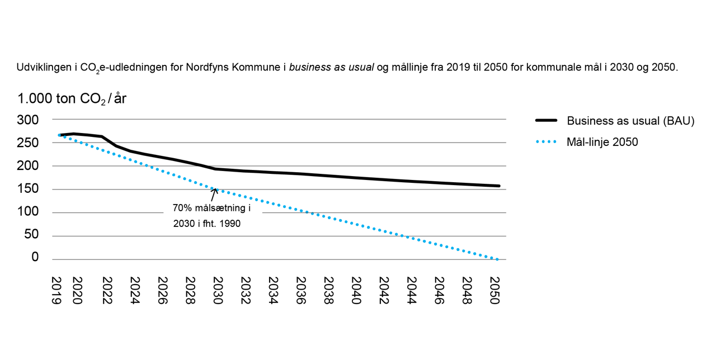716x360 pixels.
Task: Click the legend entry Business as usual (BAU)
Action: (x=630, y=121)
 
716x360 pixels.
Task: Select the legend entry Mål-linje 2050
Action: (x=602, y=142)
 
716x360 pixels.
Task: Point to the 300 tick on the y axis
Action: (x=28, y=120)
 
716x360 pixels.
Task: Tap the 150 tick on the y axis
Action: (x=28, y=189)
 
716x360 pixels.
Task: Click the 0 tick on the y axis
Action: (x=35, y=258)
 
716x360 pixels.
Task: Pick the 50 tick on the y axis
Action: (x=31, y=235)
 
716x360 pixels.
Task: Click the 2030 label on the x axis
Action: (x=216, y=290)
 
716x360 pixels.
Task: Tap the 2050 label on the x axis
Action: (x=495, y=290)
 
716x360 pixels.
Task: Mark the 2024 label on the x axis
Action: (x=133, y=290)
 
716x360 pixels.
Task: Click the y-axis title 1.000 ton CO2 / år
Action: (x=72, y=99)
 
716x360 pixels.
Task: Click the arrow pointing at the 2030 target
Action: (x=214, y=195)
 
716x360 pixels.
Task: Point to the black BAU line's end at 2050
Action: (x=498, y=186)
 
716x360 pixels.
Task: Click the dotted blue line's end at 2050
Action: (x=497, y=259)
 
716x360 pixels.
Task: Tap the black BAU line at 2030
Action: (x=216, y=169)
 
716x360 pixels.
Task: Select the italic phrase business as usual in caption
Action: (x=331, y=68)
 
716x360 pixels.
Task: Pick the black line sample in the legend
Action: (x=546, y=121)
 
